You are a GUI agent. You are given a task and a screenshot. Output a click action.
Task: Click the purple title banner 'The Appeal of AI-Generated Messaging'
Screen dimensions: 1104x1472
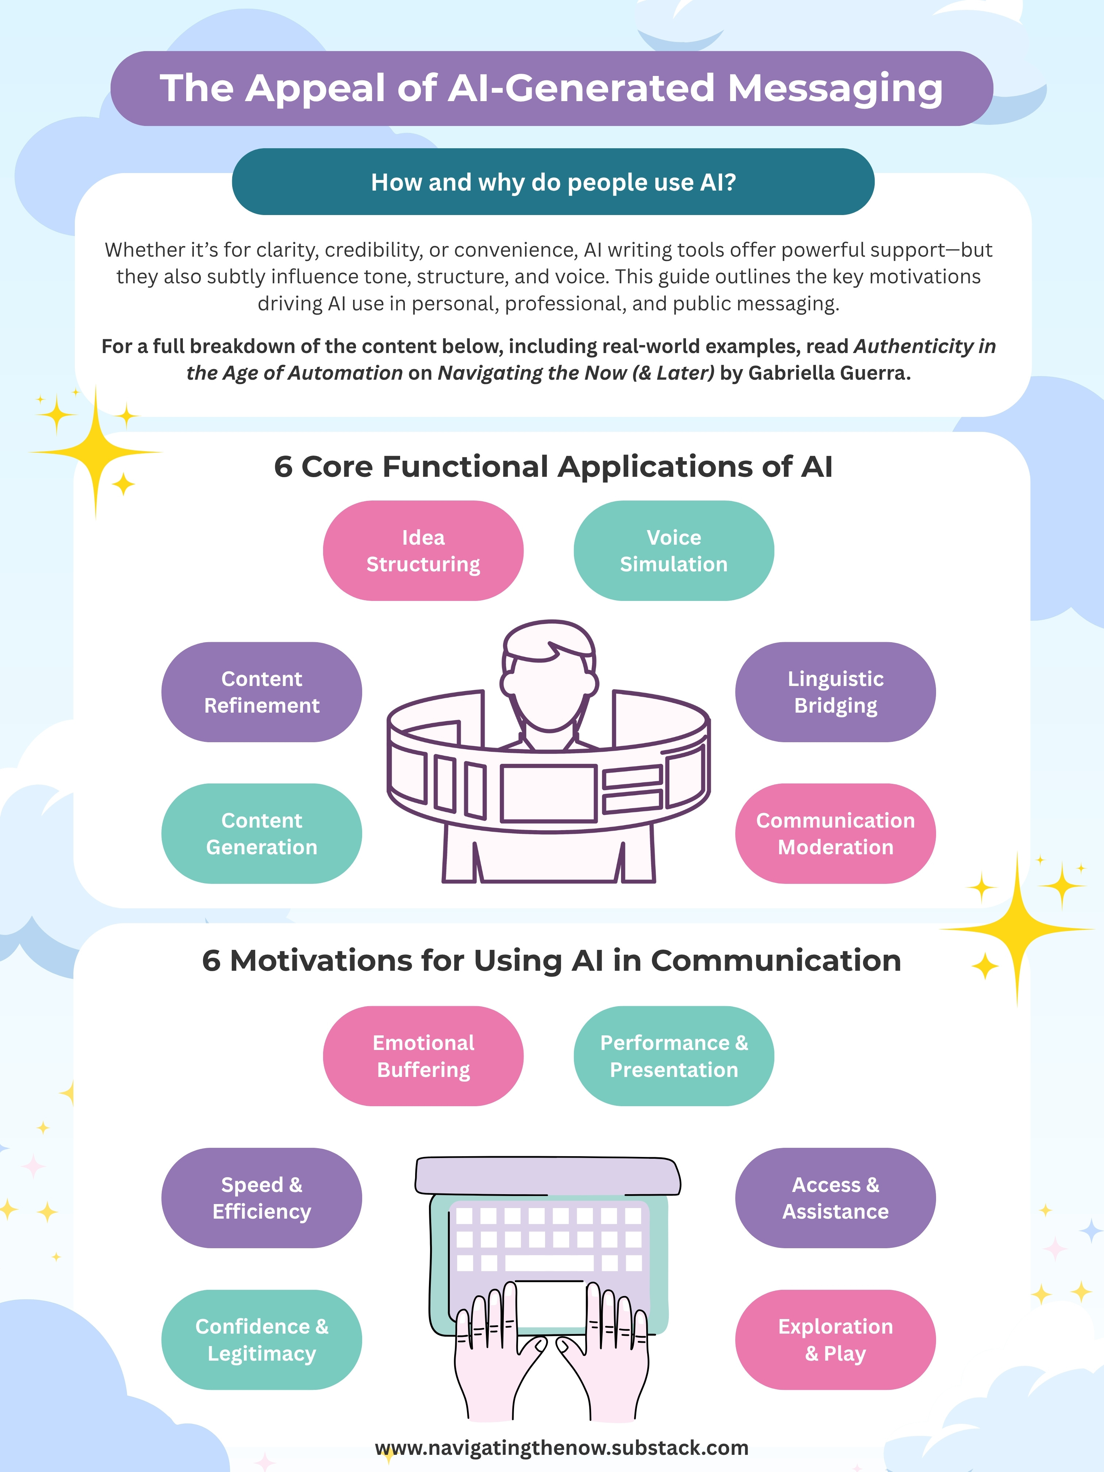tap(552, 88)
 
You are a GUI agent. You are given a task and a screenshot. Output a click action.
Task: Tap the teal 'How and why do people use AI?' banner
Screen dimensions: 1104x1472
tap(553, 182)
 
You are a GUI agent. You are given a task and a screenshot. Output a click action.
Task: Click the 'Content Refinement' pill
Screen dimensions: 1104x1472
tap(261, 692)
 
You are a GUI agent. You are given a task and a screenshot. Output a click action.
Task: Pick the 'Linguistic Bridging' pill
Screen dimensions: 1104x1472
tap(835, 692)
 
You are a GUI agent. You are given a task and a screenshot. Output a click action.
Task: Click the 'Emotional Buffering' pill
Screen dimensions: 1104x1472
tap(423, 1056)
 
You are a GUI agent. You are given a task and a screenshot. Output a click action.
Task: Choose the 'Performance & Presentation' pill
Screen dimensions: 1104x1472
tap(674, 1056)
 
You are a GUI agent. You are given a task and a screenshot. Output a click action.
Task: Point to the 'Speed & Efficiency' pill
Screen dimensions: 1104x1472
tap(261, 1198)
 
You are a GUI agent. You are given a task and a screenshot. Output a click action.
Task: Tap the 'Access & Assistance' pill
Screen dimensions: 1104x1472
tap(835, 1198)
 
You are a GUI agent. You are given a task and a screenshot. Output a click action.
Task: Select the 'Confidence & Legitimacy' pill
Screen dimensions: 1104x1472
tap(261, 1339)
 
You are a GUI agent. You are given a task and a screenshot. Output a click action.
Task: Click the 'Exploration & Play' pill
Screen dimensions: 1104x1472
tap(835, 1339)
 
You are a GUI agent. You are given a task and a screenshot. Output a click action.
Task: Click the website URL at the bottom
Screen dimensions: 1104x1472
tap(561, 1448)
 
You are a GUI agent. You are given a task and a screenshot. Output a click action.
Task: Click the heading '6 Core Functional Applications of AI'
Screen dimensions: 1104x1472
tap(553, 467)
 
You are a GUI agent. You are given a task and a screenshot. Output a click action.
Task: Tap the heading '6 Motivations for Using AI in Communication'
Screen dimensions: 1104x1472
tap(552, 960)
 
